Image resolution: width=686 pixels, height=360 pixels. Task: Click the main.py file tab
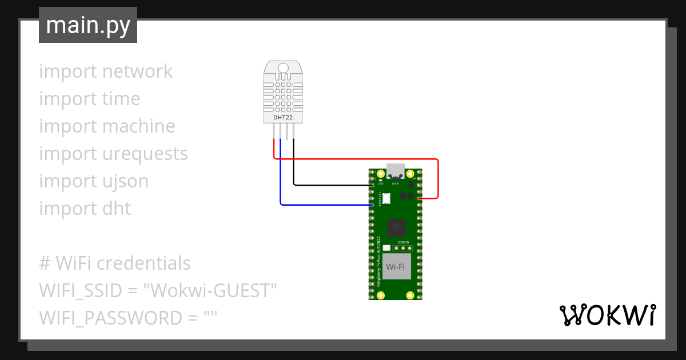pos(88,25)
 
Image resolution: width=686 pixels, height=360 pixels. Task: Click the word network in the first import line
pos(137,71)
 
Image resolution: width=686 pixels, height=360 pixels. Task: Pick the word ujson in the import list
pos(125,181)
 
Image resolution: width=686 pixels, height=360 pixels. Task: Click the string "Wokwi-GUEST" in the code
pos(210,291)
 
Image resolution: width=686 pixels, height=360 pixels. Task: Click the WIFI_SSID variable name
pos(81,291)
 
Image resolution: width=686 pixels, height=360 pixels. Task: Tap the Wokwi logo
pos(607,315)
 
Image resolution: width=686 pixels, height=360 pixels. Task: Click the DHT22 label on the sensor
pos(283,118)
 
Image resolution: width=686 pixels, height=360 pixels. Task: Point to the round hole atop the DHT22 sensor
pos(283,69)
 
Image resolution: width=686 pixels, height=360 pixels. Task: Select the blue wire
pos(320,204)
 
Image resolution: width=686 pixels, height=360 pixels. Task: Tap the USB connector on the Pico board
pos(396,170)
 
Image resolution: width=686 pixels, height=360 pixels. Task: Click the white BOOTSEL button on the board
pos(386,198)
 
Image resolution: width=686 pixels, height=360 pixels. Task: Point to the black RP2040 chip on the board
pos(396,228)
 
